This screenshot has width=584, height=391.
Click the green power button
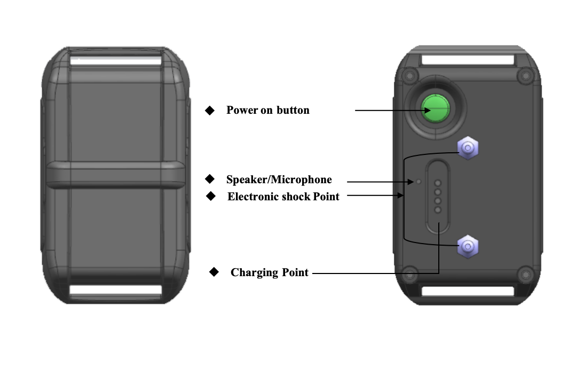436,108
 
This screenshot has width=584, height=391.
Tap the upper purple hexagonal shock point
468,148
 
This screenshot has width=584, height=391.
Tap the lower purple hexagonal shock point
468,246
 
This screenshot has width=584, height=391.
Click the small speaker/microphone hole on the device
419,182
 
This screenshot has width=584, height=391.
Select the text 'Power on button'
268,111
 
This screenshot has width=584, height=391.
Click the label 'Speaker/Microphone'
279,179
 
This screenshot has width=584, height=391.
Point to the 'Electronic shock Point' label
283,197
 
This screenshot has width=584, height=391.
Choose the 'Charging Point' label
269,272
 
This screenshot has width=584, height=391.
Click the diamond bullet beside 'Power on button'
210,111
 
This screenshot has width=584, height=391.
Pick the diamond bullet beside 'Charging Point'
214,272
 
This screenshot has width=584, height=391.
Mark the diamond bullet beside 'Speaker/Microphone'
210,179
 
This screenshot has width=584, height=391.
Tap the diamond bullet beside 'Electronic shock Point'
211,196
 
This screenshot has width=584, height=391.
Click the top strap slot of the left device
115,61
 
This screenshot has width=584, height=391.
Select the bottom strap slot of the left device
115,290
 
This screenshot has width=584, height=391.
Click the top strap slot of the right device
468,60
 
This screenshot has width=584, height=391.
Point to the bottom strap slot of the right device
468,291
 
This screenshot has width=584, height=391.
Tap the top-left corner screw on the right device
409,76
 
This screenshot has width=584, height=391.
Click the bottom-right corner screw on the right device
525,275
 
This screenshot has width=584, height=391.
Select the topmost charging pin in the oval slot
438,183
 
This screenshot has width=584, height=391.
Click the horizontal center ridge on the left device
115,175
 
